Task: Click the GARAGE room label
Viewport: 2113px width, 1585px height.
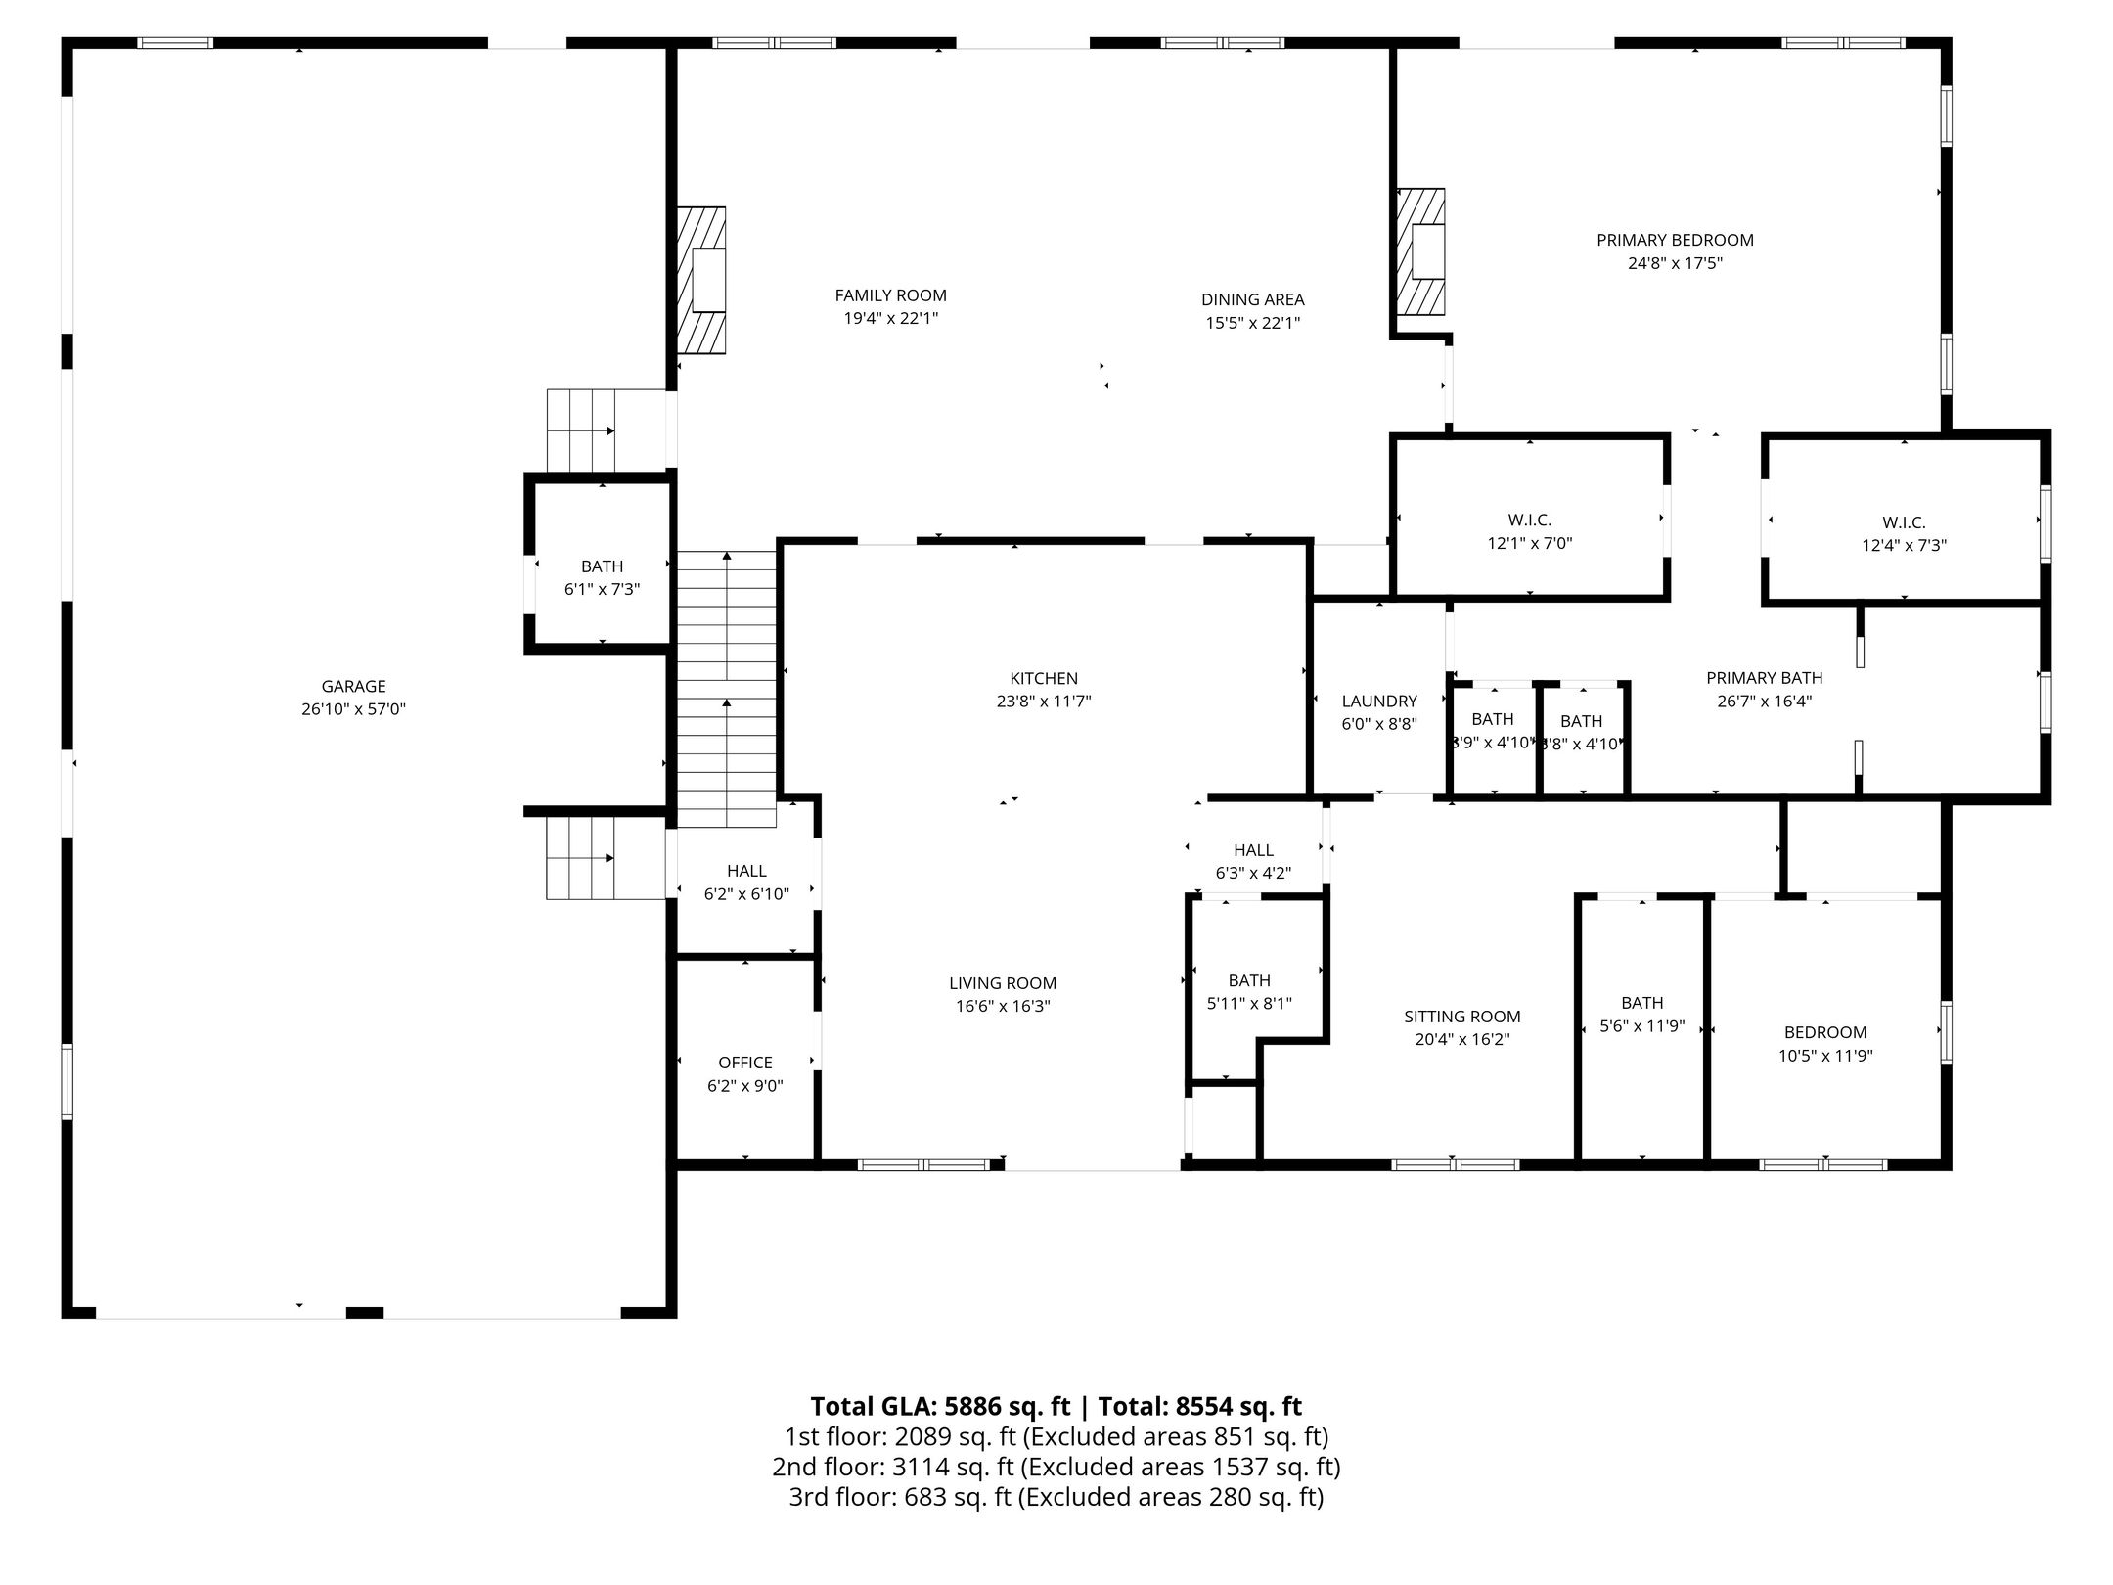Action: (353, 686)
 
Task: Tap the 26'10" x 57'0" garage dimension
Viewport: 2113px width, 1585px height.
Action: (353, 709)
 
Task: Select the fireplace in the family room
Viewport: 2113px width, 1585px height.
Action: (702, 279)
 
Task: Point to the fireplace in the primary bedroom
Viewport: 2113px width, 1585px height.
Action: (1420, 252)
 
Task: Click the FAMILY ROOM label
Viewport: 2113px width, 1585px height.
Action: (890, 295)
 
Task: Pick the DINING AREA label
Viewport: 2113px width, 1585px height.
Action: (1252, 299)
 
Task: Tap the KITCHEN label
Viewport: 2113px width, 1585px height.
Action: (1044, 678)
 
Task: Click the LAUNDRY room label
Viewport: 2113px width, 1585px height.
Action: (1379, 701)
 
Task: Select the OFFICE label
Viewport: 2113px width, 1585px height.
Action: (745, 1062)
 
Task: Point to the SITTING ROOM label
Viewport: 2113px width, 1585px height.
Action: (1462, 1016)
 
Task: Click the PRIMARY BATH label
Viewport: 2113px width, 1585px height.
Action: (1765, 677)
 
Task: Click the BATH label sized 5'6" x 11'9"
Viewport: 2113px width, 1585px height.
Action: (1641, 1002)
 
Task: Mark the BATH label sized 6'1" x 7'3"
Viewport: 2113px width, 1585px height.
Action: (602, 566)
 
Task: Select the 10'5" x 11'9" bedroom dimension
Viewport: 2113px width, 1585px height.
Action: (1825, 1056)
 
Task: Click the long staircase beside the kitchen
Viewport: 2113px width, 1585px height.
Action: (727, 689)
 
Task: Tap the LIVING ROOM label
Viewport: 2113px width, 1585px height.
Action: (1003, 983)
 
